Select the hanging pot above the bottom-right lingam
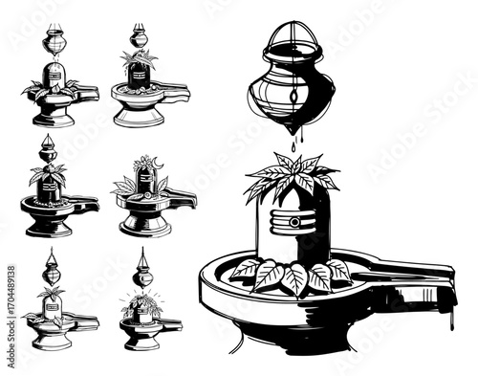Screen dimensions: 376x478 pos(143,272)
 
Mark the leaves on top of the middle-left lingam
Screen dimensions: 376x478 pos(47,173)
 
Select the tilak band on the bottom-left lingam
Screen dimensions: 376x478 pos(53,308)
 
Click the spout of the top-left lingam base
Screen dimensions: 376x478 pos(93,92)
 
